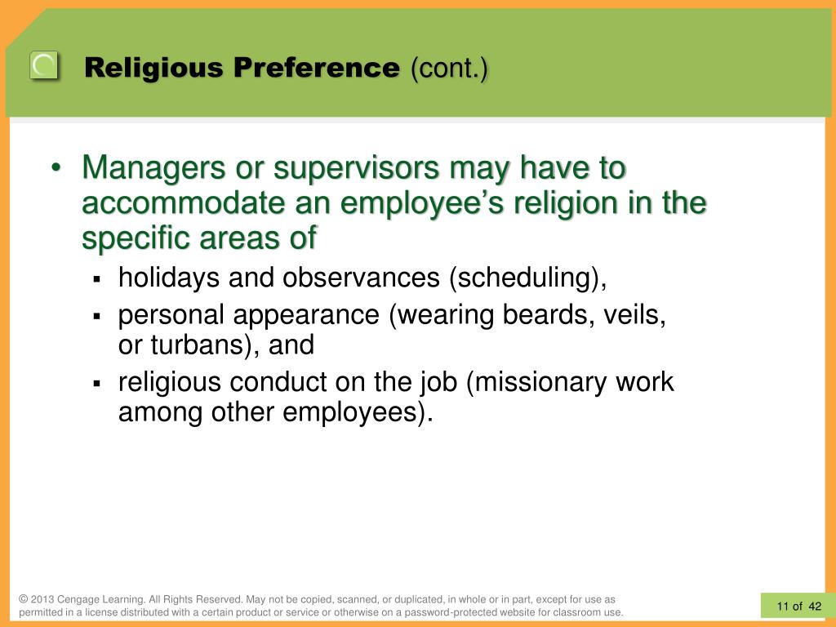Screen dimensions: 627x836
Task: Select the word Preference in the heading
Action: (x=314, y=69)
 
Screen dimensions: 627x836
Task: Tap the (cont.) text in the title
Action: (x=450, y=69)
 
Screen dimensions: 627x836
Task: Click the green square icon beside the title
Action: (x=44, y=66)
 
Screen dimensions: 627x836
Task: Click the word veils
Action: (x=634, y=316)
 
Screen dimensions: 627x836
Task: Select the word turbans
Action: (x=194, y=345)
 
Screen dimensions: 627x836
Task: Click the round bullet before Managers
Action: (x=56, y=169)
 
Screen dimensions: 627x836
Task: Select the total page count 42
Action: (x=816, y=606)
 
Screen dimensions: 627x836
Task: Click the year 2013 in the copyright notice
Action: (x=42, y=599)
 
